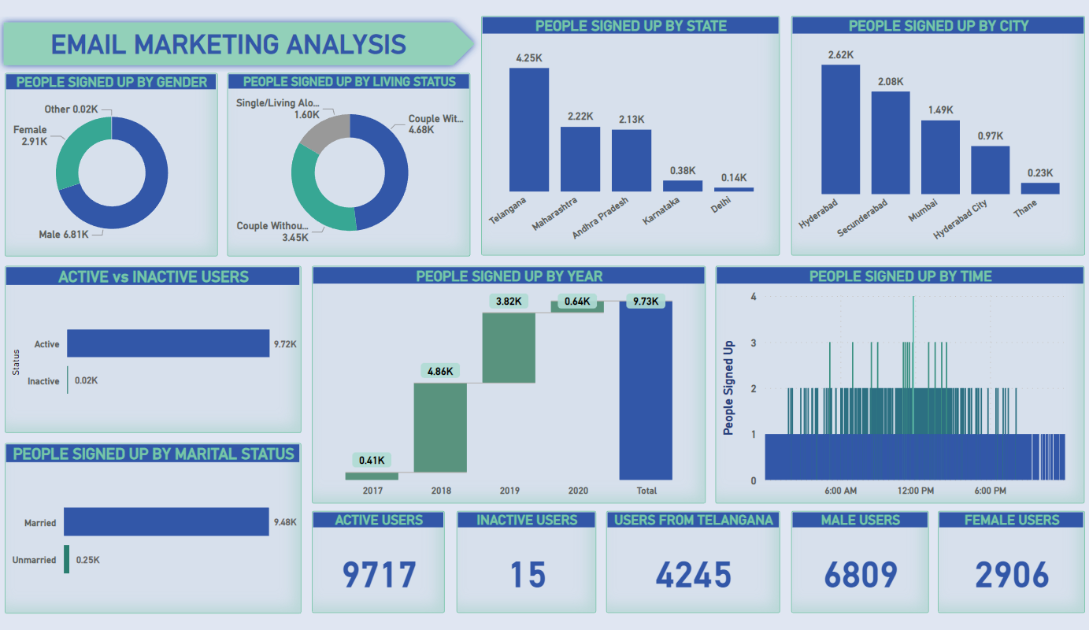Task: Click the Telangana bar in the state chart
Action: tap(528, 129)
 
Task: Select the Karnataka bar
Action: tap(682, 186)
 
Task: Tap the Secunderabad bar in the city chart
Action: tap(890, 143)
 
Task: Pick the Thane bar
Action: tap(1040, 188)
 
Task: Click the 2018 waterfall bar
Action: tap(440, 428)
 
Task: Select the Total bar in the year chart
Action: tap(646, 391)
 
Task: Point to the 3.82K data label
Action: tap(509, 301)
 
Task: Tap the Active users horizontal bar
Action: tap(168, 343)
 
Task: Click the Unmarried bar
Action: tap(66, 559)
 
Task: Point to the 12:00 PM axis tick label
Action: tap(915, 491)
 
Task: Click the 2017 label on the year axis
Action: tap(372, 491)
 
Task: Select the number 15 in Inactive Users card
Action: tap(528, 575)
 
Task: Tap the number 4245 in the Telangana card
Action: tap(693, 575)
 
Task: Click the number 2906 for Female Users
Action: tap(1012, 575)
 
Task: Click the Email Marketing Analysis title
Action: tap(228, 44)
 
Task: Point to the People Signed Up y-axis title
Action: tap(728, 387)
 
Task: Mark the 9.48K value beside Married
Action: tap(286, 521)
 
